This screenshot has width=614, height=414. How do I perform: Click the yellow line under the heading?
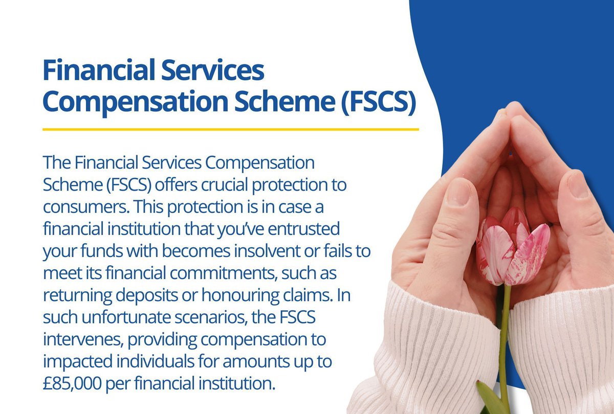point(230,129)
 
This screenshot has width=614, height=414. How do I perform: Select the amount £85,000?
point(76,382)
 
